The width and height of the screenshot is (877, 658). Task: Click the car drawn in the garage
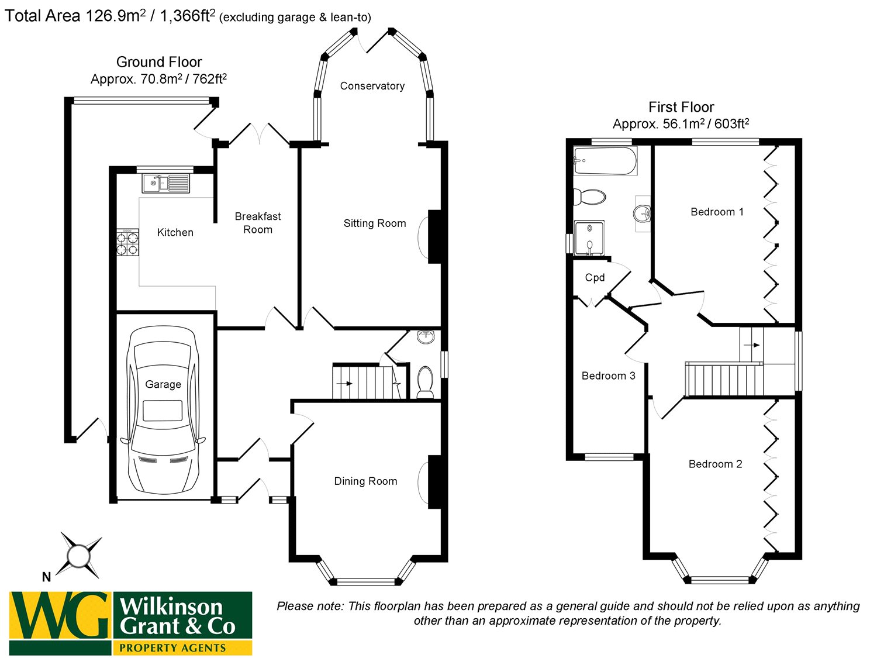click(163, 409)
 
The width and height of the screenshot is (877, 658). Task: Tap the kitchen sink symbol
click(166, 183)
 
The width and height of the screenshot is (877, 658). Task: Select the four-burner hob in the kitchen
click(128, 243)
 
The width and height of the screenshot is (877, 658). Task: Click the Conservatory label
click(372, 86)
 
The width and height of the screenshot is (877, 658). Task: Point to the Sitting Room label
click(375, 223)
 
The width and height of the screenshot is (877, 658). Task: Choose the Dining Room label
click(365, 481)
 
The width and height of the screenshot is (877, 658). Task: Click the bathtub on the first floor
click(605, 161)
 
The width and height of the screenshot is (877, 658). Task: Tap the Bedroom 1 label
click(717, 212)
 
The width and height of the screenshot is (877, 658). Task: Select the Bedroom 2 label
click(715, 464)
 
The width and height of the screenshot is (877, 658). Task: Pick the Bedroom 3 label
click(608, 375)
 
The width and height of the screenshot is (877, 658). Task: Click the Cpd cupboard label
click(595, 278)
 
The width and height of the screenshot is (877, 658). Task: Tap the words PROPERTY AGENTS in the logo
click(172, 647)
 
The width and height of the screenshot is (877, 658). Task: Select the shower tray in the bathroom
click(589, 239)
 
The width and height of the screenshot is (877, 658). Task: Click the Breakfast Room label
click(258, 223)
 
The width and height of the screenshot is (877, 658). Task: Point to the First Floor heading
click(681, 107)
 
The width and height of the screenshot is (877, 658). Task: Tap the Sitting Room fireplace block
click(434, 236)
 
